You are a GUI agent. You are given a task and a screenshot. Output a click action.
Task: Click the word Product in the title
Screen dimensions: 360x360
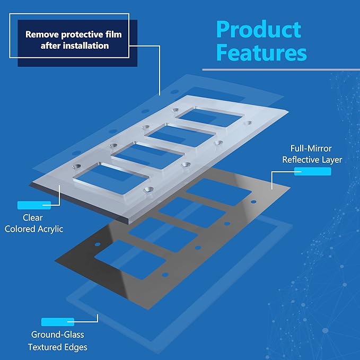(x=259, y=29)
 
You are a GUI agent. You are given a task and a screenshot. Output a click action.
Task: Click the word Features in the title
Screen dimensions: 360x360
(x=261, y=52)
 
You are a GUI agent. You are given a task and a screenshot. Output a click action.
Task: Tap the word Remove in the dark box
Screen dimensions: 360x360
(x=42, y=34)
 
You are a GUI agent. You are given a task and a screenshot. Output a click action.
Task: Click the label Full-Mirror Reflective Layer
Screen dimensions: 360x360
(x=312, y=154)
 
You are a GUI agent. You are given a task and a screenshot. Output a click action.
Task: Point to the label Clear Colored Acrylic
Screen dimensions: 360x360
(x=34, y=223)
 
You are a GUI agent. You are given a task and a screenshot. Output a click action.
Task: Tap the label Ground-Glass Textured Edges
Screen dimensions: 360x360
(x=58, y=341)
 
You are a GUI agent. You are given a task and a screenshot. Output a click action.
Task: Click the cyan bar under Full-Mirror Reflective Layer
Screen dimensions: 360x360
(x=313, y=171)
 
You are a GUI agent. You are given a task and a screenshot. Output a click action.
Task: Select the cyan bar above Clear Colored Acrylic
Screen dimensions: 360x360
(x=34, y=205)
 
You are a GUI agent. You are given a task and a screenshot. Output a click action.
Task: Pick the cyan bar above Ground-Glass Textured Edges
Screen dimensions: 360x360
(x=58, y=322)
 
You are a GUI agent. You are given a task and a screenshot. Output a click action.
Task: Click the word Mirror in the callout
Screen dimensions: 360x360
(x=320, y=148)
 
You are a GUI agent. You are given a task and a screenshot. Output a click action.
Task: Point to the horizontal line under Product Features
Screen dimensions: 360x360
(x=281, y=69)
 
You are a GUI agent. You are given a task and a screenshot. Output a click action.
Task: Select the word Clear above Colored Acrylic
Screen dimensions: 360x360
(x=32, y=218)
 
